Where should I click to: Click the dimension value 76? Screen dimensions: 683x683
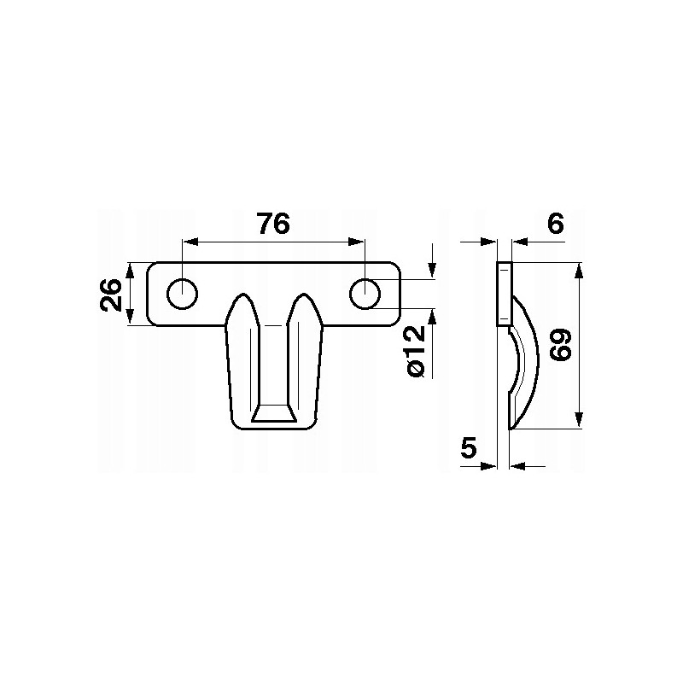(273, 224)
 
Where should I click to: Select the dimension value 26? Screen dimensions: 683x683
(112, 294)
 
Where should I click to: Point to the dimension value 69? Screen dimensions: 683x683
(560, 345)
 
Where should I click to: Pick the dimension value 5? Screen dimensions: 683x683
(469, 447)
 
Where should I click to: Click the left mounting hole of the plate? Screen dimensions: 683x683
(182, 294)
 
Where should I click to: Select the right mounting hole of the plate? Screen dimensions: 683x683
(365, 294)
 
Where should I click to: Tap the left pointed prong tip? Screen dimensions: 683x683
(243, 298)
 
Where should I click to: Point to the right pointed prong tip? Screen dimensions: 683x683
(304, 298)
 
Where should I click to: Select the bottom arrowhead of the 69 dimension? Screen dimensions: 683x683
(579, 420)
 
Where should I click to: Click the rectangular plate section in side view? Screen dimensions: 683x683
(504, 294)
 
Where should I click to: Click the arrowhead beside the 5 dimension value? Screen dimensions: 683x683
(491, 466)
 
